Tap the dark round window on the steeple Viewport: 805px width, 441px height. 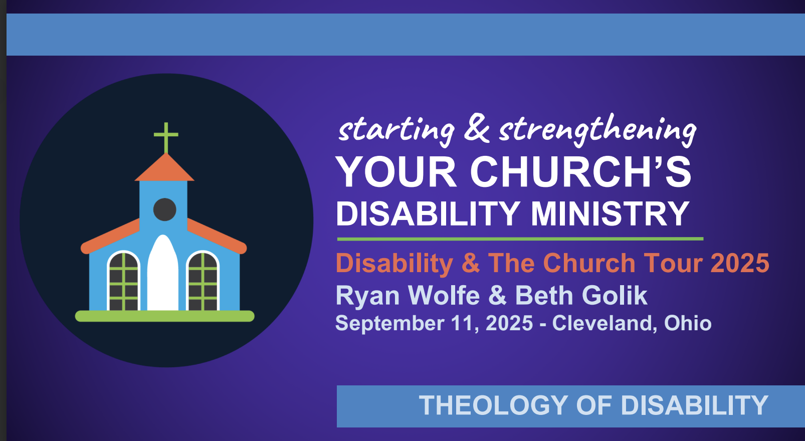164,209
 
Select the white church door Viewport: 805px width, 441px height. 163,273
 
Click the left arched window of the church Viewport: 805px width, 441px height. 124,281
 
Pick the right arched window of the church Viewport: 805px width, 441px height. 203,281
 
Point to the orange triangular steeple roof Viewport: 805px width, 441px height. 164,167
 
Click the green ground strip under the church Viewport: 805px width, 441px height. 164,316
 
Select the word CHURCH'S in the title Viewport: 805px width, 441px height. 581,172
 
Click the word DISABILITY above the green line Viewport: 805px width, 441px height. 428,213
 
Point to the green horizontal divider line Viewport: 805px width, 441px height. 520,239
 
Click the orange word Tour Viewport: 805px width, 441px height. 676,263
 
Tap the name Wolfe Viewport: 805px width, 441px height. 444,296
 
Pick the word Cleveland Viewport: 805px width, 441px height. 602,323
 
